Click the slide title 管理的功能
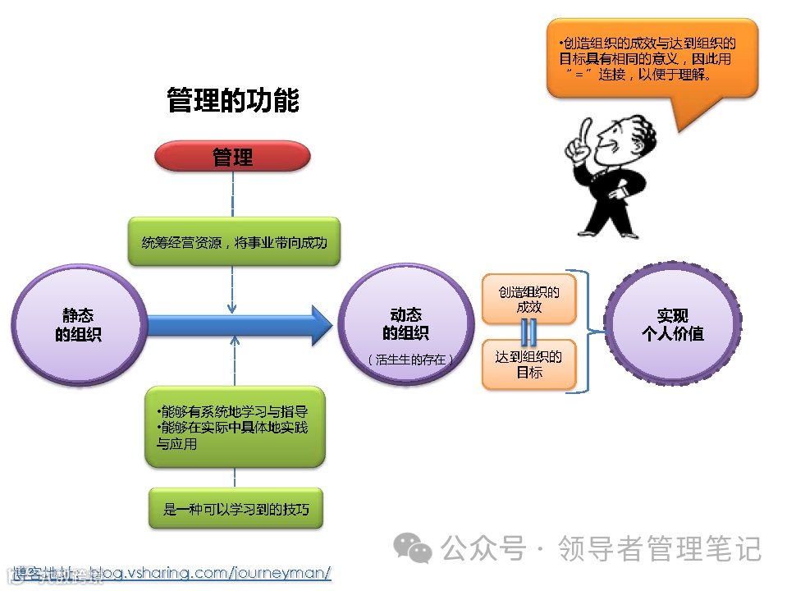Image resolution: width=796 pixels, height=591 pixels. click(233, 100)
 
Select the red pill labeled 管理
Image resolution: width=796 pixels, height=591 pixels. click(233, 156)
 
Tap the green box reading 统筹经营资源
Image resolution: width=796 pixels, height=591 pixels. click(234, 242)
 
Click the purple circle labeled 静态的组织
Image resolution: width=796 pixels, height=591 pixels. click(79, 325)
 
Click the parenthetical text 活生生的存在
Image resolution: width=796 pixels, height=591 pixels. click(409, 360)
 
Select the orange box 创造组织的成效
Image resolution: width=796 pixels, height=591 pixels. click(529, 299)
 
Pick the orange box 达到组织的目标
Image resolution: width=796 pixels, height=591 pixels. click(529, 364)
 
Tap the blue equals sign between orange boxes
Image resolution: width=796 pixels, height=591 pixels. click(529, 331)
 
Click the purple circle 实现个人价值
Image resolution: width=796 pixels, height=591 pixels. click(672, 325)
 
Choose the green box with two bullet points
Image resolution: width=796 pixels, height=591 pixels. click(235, 427)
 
